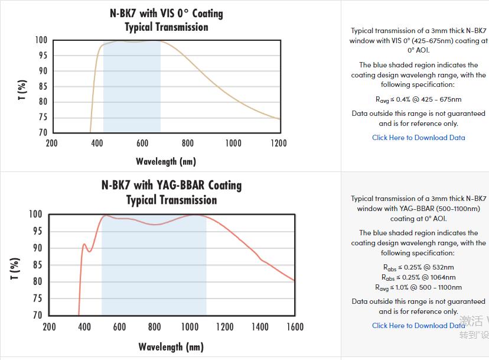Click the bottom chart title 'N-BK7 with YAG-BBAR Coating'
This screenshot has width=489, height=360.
coord(171,185)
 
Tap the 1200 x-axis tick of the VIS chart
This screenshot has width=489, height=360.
coord(278,143)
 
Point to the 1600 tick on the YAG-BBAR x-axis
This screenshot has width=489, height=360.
coord(294,326)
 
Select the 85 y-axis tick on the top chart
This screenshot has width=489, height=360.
coord(41,86)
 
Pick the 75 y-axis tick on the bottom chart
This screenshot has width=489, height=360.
coord(37,299)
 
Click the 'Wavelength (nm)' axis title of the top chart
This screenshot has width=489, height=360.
coord(165,161)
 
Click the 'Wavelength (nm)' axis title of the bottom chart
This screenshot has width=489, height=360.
coord(171,346)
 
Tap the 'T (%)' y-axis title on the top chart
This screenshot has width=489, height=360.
coord(22,89)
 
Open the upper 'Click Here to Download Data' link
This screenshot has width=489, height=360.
coord(418,138)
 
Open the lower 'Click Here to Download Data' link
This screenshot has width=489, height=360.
coord(418,325)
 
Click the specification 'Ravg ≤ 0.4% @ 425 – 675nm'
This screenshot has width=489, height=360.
coord(418,99)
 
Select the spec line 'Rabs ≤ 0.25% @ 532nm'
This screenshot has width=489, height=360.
coord(418,267)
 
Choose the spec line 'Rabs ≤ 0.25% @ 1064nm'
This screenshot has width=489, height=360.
coord(418,277)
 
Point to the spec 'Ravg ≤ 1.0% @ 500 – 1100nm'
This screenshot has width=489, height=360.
coord(418,287)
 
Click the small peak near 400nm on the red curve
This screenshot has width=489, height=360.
coord(84,244)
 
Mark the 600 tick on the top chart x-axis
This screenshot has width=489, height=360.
coord(142,143)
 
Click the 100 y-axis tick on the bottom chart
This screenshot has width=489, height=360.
coord(35,214)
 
